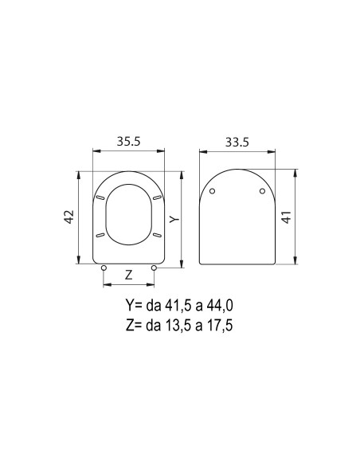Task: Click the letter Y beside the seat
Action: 174,217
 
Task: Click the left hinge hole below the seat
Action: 104,268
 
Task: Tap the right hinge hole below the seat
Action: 154,268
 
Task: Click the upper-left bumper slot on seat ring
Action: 100,197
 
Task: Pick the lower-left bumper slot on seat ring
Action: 100,235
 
